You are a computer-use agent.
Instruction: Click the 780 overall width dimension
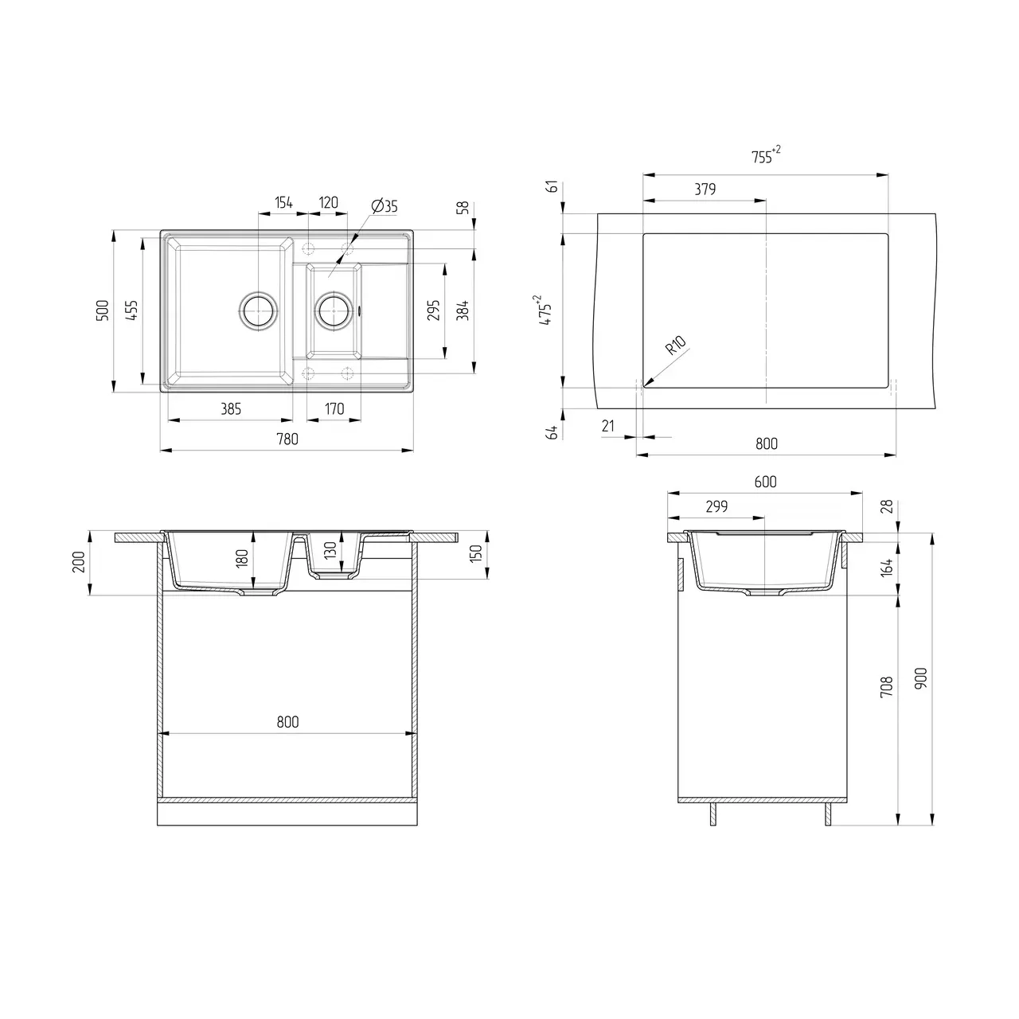coord(287,439)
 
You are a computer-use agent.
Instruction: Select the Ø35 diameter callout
coord(385,205)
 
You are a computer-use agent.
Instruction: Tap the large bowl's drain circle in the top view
coord(258,310)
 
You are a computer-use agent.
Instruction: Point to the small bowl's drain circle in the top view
coord(334,310)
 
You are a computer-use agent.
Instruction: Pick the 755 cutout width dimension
coord(766,156)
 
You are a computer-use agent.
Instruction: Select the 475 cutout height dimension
coord(545,310)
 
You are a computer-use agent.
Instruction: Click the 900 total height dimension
coord(920,678)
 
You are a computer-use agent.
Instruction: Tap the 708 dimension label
coord(887,687)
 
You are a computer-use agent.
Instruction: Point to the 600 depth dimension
coord(765,482)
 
